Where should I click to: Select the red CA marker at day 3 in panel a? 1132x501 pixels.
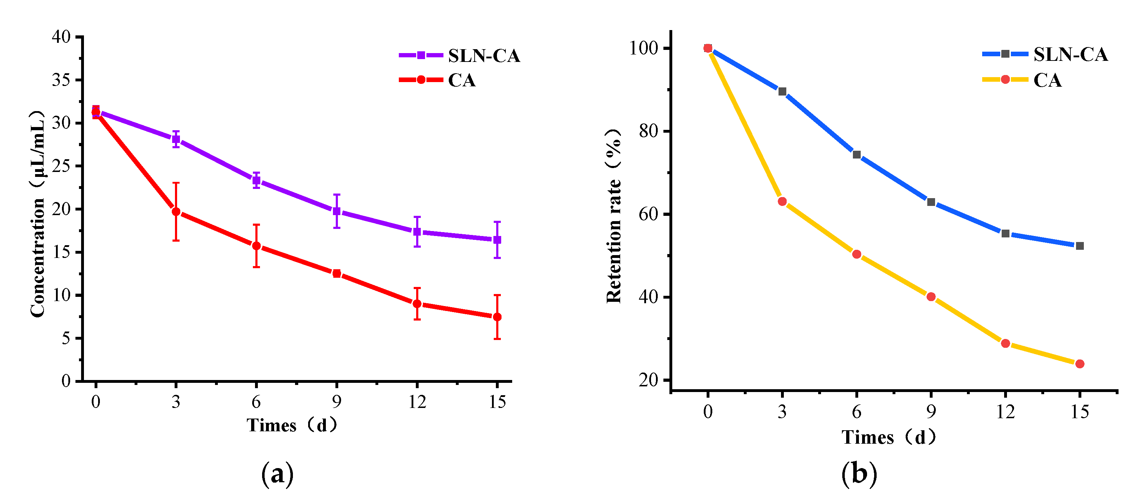(x=176, y=212)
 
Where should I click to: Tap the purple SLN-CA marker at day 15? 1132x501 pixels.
(x=497, y=240)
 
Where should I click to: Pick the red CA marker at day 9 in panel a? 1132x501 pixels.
(x=336, y=273)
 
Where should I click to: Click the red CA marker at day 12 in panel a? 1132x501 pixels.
(x=417, y=304)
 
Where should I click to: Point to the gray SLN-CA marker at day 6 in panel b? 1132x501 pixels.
(x=856, y=155)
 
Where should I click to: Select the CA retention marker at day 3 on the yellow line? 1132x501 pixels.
(x=782, y=202)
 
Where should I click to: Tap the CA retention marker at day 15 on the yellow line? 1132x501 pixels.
(x=1080, y=364)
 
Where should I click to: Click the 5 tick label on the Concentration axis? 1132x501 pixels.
(x=66, y=338)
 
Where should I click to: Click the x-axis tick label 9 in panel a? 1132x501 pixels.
(x=336, y=401)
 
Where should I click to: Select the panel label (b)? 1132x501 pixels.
(x=859, y=473)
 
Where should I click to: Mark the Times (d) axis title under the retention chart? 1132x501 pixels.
(x=889, y=437)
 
